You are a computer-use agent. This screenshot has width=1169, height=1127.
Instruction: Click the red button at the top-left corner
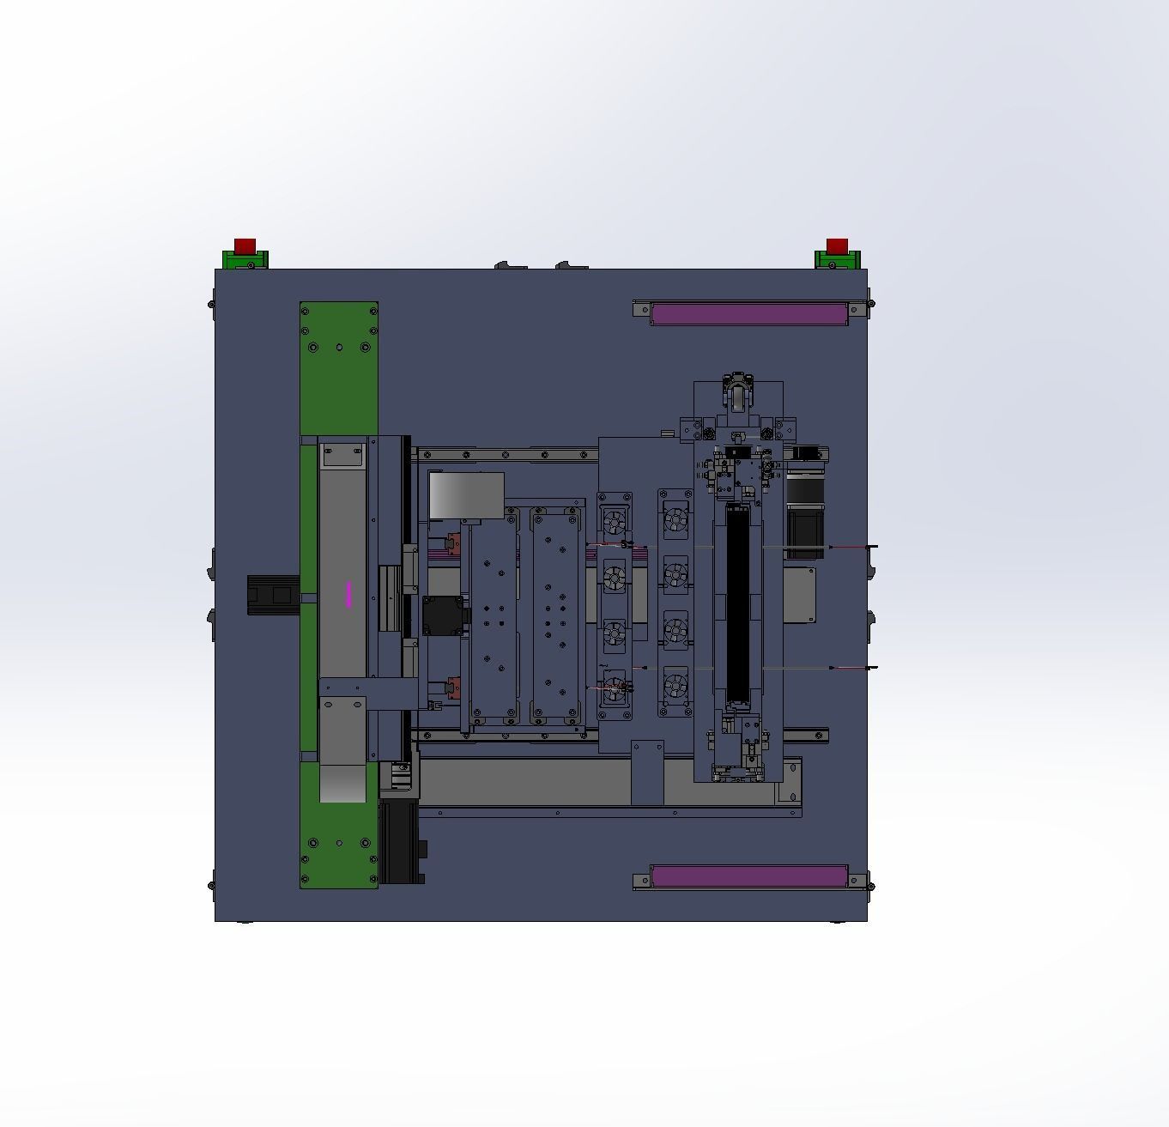click(x=245, y=245)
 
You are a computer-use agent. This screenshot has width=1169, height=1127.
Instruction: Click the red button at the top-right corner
click(x=837, y=245)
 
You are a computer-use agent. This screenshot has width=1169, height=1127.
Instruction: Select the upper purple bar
click(x=748, y=313)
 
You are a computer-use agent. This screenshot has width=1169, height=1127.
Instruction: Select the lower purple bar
click(x=748, y=876)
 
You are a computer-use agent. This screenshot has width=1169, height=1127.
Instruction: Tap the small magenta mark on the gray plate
click(x=348, y=594)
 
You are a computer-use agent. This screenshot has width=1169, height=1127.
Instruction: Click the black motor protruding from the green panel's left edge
click(x=273, y=595)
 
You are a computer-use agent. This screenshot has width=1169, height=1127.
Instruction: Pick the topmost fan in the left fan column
click(x=615, y=521)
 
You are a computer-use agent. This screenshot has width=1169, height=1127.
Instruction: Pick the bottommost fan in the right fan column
click(x=675, y=685)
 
